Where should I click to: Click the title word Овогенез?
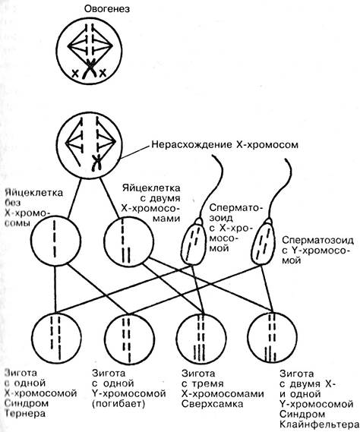click(x=107, y=9)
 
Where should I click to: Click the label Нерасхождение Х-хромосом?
click(x=225, y=145)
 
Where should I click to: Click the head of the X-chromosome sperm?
click(x=193, y=241)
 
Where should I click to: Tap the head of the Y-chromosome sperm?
click(x=263, y=241)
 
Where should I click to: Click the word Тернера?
click(x=25, y=413)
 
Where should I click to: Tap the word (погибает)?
click(x=118, y=404)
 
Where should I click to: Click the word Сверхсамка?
click(x=212, y=404)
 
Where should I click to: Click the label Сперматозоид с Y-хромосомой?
click(x=317, y=250)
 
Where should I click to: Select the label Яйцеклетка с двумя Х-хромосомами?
click(x=151, y=203)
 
